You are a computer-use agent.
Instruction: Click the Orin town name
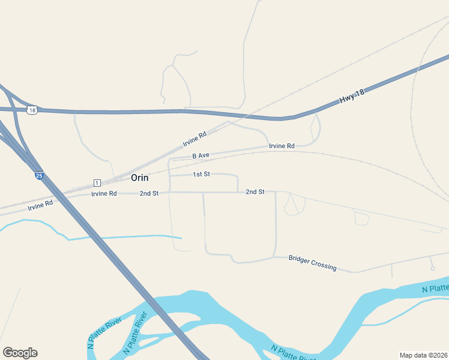tap(139, 178)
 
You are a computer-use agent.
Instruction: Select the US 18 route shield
tap(32, 110)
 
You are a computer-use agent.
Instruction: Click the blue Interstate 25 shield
tap(39, 176)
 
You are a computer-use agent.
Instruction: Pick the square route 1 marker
tap(96, 182)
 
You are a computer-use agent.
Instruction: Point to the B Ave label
tap(200, 155)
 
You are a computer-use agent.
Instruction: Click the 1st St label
tap(201, 174)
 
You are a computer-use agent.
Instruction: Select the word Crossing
tap(326, 266)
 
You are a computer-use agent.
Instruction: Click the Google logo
tap(20, 353)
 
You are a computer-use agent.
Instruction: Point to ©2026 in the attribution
tap(438, 355)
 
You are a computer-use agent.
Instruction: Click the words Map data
tap(414, 355)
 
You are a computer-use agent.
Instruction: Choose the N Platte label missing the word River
tap(436, 289)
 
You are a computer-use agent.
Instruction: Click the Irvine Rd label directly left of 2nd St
tap(104, 194)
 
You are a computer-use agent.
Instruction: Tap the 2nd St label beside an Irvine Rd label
tap(149, 193)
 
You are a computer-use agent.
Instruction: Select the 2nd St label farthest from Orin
tap(255, 191)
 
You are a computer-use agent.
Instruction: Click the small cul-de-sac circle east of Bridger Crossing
tap(433, 268)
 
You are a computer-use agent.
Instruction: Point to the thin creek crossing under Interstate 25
tap(90, 238)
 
